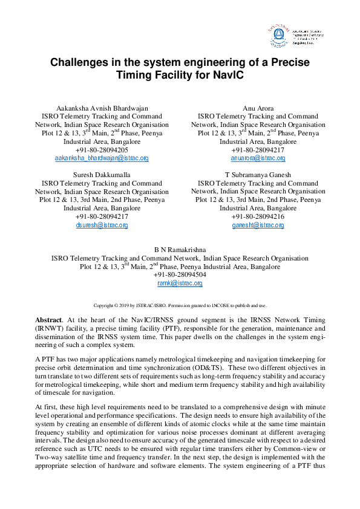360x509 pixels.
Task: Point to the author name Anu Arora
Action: click(x=258, y=108)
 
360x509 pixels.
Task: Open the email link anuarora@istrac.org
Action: click(x=258, y=158)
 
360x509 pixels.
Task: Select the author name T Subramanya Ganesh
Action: click(x=258, y=175)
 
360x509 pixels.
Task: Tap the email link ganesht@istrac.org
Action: click(x=258, y=225)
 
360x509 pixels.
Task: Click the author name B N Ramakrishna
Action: click(x=180, y=249)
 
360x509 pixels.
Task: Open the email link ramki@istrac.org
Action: click(x=180, y=283)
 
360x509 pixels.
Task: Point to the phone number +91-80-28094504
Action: click(x=180, y=274)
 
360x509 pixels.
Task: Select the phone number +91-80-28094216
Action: click(x=258, y=216)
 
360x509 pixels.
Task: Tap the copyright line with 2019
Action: click(x=180, y=305)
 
